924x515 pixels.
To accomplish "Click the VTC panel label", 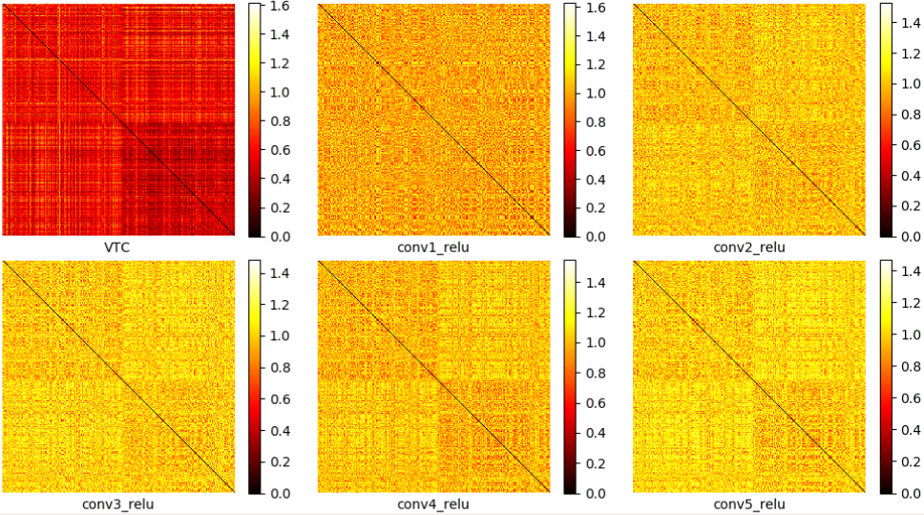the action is pos(116,247).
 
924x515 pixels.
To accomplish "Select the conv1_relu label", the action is pos(433,247).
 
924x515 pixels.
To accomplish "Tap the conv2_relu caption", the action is pos(749,247).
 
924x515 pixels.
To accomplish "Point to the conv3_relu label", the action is pos(117,504).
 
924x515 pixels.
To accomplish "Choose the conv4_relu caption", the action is pos(433,504).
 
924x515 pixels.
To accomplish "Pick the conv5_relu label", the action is pos(749,504).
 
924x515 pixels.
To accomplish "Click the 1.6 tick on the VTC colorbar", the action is pos(280,6).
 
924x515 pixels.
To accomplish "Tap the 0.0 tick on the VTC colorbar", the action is pos(280,237).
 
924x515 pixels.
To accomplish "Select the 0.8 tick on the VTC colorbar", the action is pos(280,121).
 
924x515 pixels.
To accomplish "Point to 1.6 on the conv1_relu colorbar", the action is pos(596,8).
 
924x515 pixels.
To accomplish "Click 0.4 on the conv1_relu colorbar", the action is pos(596,180).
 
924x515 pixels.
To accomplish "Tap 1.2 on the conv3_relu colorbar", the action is pos(280,305).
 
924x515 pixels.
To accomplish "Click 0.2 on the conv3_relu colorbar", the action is pos(280,461).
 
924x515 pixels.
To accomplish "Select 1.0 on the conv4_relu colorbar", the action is pos(596,342).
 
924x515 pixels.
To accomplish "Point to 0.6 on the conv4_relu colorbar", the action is pos(596,403).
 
